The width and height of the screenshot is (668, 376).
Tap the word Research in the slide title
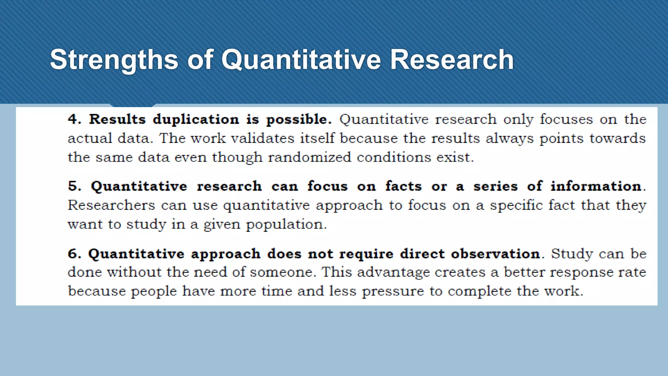point(452,60)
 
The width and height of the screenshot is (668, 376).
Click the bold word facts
point(403,186)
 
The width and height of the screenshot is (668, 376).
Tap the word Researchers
point(111,205)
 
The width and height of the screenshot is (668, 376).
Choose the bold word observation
point(495,254)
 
